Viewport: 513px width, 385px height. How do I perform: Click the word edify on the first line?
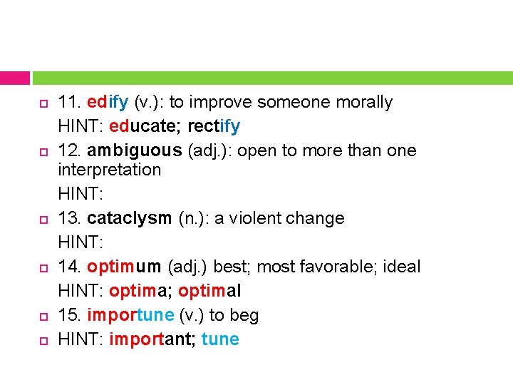(x=108, y=103)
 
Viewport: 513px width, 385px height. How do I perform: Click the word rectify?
(x=214, y=127)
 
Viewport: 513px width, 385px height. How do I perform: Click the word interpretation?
(x=110, y=170)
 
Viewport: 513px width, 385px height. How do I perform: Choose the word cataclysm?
(x=129, y=218)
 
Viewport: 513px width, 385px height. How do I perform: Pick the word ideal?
(x=402, y=267)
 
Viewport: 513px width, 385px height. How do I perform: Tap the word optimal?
(x=210, y=292)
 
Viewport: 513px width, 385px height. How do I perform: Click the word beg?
(x=247, y=316)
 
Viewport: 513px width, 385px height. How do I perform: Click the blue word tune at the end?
(x=220, y=340)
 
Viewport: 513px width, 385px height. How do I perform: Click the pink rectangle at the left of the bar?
(x=15, y=78)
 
